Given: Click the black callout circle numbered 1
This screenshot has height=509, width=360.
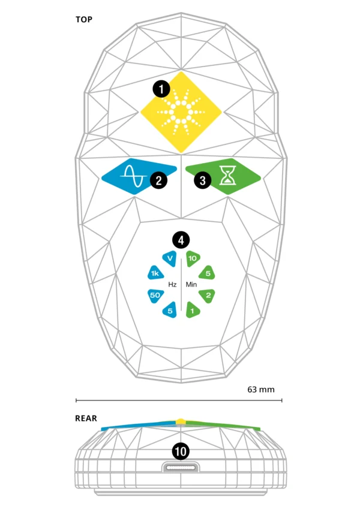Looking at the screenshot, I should [161, 90].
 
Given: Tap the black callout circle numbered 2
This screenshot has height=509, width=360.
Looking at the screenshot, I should [158, 179].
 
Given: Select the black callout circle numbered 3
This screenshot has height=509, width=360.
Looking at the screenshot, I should [203, 179].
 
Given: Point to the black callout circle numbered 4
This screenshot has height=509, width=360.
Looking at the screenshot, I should [181, 240].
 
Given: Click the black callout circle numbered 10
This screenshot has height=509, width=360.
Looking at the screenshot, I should [181, 451].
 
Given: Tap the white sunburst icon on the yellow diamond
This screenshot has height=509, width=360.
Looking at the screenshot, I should [181, 112].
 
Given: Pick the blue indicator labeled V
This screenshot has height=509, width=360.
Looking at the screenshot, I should [170, 259].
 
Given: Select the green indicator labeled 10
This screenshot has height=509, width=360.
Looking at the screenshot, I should [192, 259].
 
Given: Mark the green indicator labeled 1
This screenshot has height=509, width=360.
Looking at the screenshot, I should [192, 311].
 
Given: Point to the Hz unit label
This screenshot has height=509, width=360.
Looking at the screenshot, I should [172, 285].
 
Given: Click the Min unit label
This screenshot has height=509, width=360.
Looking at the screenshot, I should [191, 285].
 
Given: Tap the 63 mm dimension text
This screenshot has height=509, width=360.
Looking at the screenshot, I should [261, 389].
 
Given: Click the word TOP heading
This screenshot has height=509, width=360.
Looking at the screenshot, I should [84, 19].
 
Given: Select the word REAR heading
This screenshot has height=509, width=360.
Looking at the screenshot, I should [86, 419].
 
